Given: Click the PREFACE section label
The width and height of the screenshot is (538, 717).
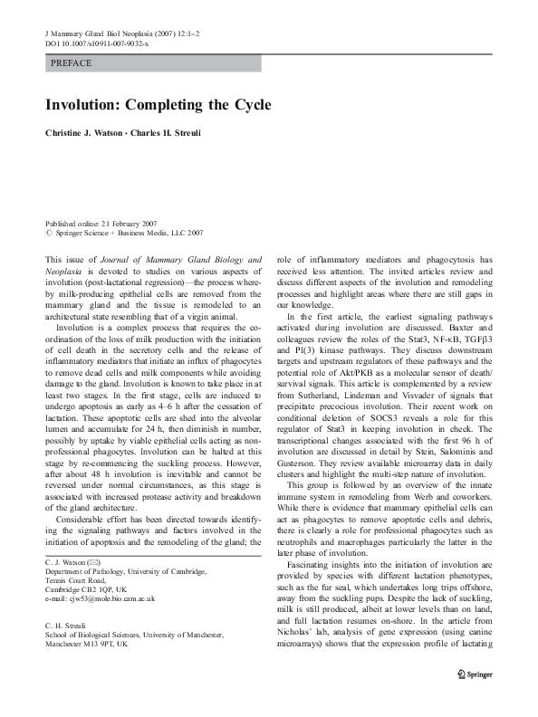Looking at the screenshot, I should pyautogui.click(x=72, y=63).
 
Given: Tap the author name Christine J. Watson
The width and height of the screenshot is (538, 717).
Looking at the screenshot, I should pyautogui.click(x=93, y=133).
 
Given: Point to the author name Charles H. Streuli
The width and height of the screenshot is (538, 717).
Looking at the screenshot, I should pyautogui.click(x=187, y=133).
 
